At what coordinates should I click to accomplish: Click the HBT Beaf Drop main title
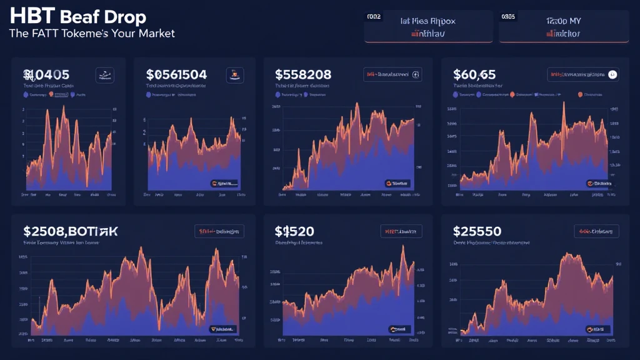[x=78, y=16]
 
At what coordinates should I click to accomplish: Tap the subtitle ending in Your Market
[x=92, y=33]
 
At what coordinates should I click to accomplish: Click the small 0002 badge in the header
[x=373, y=17]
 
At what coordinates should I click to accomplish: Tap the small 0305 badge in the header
[x=508, y=17]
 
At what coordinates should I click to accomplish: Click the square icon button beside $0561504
[x=234, y=76]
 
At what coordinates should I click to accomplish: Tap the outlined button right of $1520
[x=401, y=232]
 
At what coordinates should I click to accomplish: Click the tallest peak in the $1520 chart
[x=404, y=247]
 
